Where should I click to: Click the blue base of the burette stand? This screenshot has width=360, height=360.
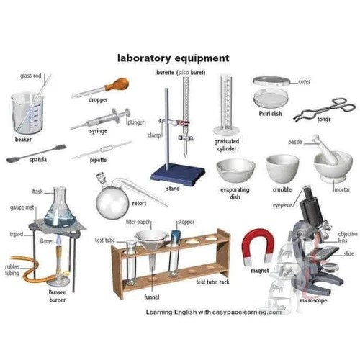coord(174,173)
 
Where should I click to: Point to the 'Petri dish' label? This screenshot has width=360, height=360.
coord(270,114)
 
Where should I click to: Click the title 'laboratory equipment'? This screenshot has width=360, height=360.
coord(174,57)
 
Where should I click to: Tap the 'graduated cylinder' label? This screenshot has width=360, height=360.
coord(227,145)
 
